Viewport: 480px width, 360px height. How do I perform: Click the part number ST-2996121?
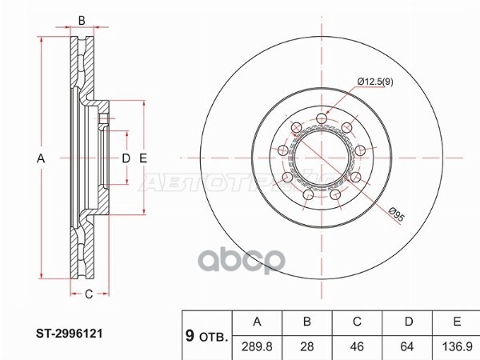pyautogui.click(x=70, y=334)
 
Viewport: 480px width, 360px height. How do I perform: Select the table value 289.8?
pyautogui.click(x=257, y=346)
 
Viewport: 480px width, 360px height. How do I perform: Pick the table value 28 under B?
pyautogui.click(x=307, y=346)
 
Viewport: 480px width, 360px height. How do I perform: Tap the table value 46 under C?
pyautogui.click(x=357, y=346)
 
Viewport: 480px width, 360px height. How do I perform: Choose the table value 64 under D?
pyautogui.click(x=407, y=346)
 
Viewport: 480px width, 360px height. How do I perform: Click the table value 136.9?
pyautogui.click(x=457, y=346)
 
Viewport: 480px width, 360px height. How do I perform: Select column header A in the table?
pyautogui.click(x=257, y=322)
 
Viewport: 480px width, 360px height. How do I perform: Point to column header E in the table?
pyautogui.click(x=457, y=322)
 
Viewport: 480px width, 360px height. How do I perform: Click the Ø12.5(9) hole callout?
pyautogui.click(x=375, y=82)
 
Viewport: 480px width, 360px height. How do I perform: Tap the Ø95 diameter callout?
pyautogui.click(x=397, y=214)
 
